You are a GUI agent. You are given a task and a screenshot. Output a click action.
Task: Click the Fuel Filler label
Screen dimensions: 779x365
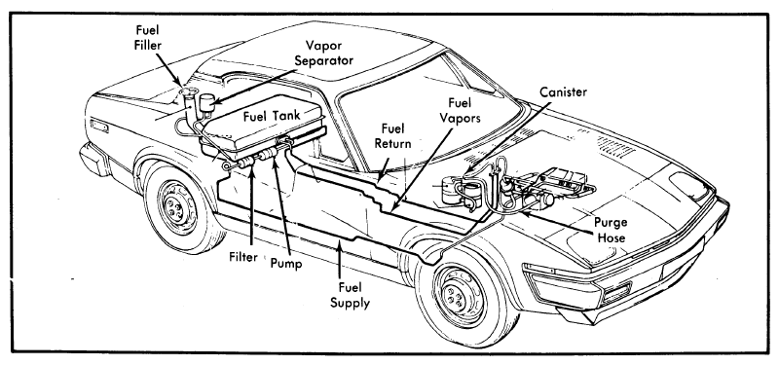point(148,37)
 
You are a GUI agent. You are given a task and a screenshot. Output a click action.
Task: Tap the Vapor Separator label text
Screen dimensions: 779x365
point(323,54)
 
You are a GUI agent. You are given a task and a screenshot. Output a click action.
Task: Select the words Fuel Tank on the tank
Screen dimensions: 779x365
point(272,116)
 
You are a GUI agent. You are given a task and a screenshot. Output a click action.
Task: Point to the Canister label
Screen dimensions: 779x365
point(564,92)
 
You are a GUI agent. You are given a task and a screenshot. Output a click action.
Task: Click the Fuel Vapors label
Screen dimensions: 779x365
point(460,111)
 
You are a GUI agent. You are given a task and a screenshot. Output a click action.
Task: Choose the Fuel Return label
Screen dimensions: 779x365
point(393,136)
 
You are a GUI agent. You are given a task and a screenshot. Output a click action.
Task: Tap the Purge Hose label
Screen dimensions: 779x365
point(611,230)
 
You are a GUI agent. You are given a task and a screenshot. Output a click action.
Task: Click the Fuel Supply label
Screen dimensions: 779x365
point(351,295)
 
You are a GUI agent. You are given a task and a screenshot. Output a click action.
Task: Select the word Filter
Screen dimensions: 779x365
point(242,257)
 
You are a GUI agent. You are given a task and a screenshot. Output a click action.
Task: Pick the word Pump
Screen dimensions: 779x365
point(285,263)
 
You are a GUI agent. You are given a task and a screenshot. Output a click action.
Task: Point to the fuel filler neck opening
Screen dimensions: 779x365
point(189,91)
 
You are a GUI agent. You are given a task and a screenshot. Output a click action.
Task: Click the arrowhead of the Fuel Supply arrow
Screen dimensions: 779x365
point(339,243)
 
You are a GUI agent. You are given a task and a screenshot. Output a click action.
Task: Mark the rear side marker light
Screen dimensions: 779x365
point(99,125)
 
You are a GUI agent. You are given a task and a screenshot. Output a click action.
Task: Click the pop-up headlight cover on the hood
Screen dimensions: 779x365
point(687,185)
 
